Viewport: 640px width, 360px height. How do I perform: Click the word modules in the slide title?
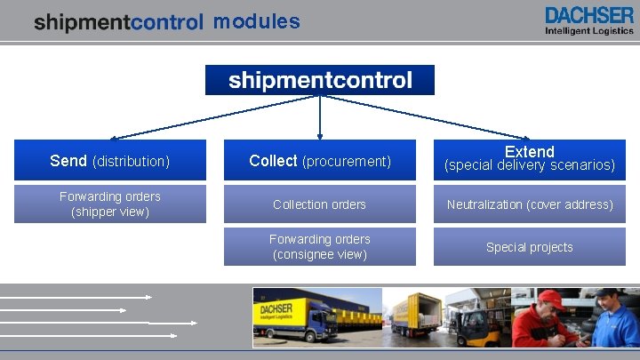pyautogui.click(x=256, y=21)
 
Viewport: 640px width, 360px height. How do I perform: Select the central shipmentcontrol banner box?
pyautogui.click(x=320, y=80)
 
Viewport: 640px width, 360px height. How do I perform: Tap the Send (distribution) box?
pyautogui.click(x=110, y=161)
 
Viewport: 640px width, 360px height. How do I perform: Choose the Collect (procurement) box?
pyautogui.click(x=320, y=161)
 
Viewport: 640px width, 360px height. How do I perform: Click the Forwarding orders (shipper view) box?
pyautogui.click(x=110, y=204)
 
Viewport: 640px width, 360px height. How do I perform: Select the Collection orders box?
pyautogui.click(x=320, y=204)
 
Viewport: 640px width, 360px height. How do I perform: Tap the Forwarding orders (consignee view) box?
pyautogui.click(x=320, y=247)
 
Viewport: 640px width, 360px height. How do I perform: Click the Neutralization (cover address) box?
pyautogui.click(x=530, y=204)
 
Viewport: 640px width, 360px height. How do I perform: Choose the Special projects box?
pyautogui.click(x=530, y=247)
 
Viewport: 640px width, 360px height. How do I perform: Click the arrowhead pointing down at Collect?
pyautogui.click(x=320, y=136)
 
